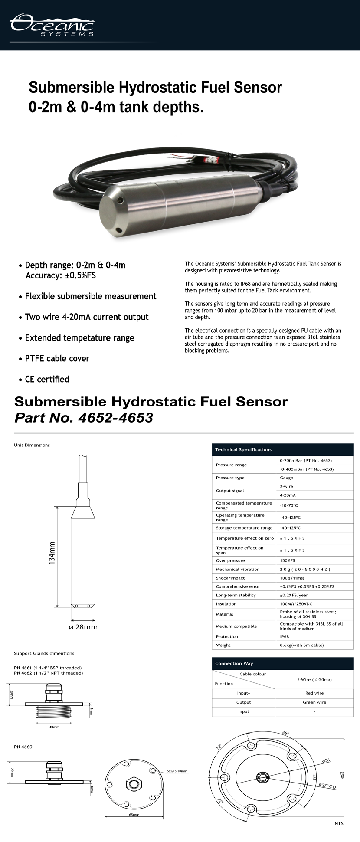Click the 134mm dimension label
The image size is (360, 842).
pos(52,553)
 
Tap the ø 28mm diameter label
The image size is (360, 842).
pos(83,627)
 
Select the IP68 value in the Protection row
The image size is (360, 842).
pos(285,636)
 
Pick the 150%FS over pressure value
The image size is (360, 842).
pos(288,560)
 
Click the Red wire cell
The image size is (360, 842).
pos(314,693)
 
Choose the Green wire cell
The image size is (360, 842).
pos(314,702)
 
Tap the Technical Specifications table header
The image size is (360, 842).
pos(243,449)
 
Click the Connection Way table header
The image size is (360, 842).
pos(234,663)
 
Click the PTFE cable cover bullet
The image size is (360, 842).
pos(57,358)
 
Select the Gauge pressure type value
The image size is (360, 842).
pos(287,478)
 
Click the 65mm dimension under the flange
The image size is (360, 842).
pos(134,815)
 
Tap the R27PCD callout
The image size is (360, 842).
pos(327,786)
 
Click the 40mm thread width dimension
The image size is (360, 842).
pos(54,727)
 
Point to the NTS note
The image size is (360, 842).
pos(339,823)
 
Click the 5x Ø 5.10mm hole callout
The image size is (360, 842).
pos(177,771)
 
